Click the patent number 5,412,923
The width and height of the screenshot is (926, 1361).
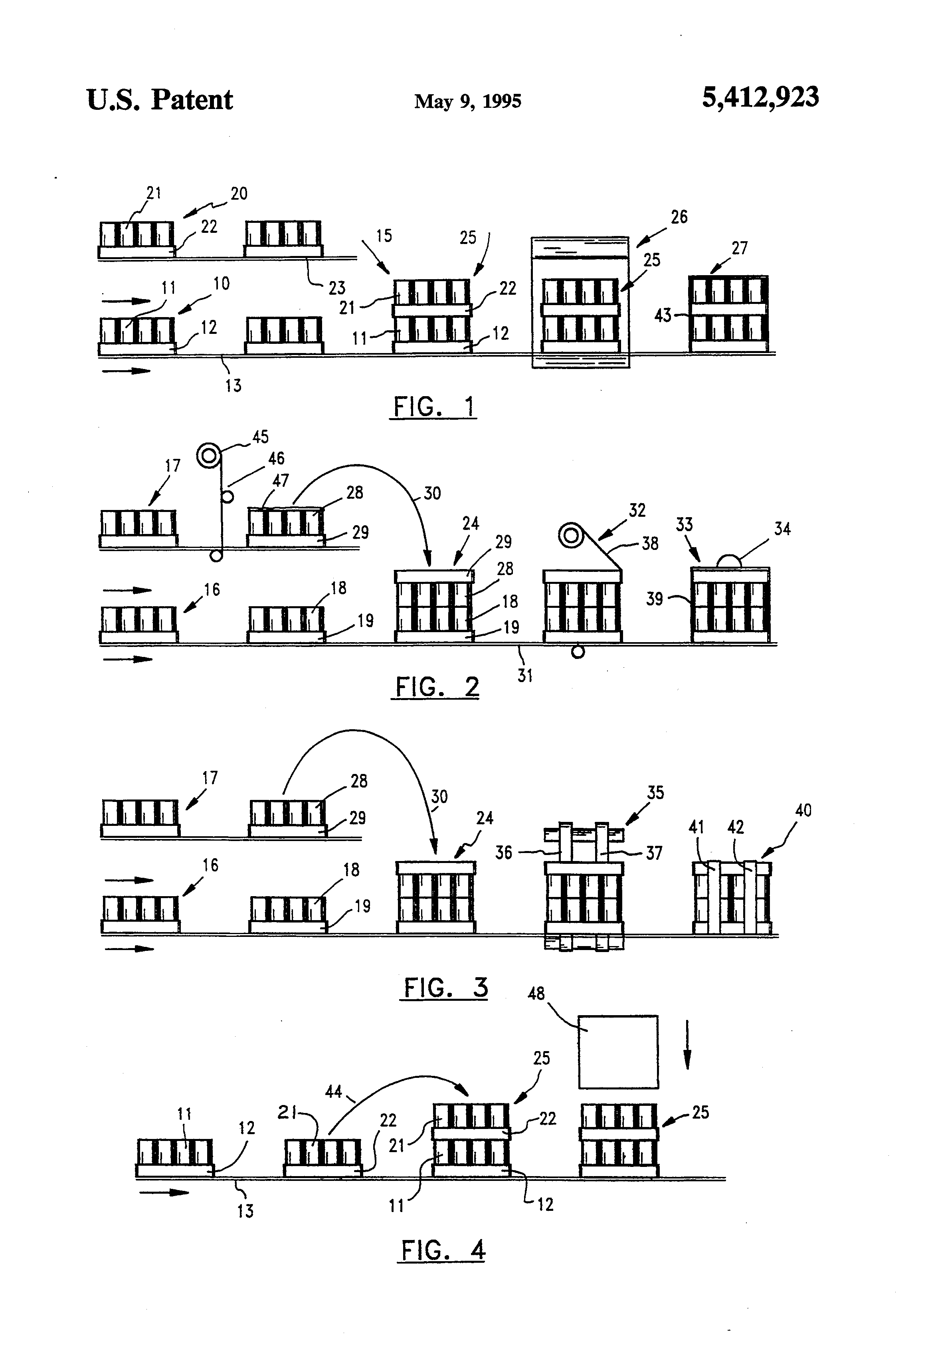click(x=760, y=97)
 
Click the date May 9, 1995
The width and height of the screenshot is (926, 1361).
click(x=468, y=101)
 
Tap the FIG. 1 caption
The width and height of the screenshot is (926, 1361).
click(x=433, y=407)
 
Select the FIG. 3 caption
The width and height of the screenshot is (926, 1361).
click(x=445, y=987)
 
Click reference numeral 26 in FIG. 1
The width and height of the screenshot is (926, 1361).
click(x=679, y=217)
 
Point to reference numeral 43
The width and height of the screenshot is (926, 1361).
click(x=662, y=315)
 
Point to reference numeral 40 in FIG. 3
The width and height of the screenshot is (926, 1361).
click(x=803, y=811)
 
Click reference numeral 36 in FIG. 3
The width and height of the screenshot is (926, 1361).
click(x=503, y=853)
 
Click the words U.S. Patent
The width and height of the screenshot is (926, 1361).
click(x=159, y=100)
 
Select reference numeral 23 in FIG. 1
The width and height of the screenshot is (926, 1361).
click(x=336, y=288)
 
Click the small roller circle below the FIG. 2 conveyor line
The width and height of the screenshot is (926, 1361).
click(x=578, y=652)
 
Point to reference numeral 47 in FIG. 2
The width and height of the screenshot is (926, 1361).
click(x=280, y=481)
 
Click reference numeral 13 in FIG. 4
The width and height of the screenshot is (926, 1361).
click(x=245, y=1211)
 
